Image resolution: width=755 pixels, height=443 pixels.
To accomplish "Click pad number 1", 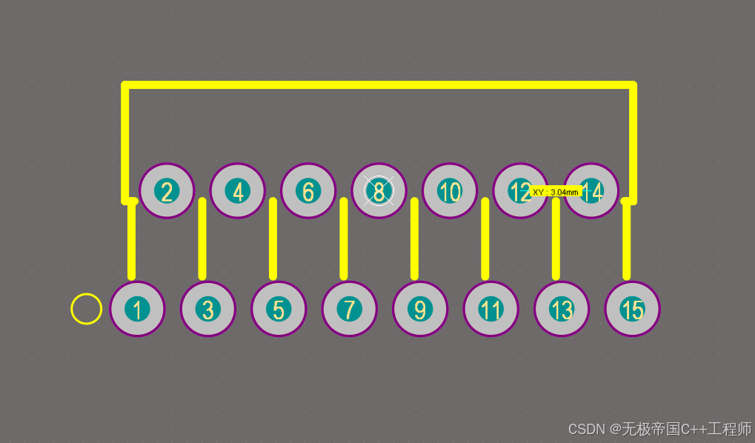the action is click(x=137, y=309).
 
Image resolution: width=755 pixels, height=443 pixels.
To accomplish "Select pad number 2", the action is click(x=167, y=191).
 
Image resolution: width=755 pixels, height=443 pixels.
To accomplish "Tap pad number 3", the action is click(x=208, y=309).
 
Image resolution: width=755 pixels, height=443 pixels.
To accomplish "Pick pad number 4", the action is click(x=238, y=191).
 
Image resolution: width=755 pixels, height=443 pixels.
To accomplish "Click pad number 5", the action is click(x=279, y=309).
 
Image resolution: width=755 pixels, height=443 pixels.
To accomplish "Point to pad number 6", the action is click(x=308, y=191).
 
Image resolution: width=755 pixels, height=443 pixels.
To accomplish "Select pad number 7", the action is click(x=349, y=309).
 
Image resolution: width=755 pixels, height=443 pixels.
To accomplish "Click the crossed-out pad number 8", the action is click(x=379, y=191).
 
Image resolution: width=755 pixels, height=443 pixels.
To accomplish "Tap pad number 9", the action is click(x=420, y=309).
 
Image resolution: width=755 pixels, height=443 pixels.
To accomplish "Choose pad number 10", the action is click(x=450, y=191).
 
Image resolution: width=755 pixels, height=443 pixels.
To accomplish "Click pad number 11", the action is click(x=490, y=309).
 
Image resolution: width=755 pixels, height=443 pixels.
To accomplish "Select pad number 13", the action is click(x=562, y=309).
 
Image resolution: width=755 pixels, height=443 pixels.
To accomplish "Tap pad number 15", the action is click(x=632, y=309).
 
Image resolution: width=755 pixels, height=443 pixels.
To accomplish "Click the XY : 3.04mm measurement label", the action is click(x=556, y=192).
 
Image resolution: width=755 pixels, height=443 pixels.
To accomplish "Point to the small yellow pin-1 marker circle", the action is click(x=86, y=309).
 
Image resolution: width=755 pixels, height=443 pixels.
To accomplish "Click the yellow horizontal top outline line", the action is click(x=378, y=85).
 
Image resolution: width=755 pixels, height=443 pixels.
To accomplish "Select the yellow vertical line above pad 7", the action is click(x=344, y=239).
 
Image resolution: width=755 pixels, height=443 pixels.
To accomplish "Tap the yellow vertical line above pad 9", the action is click(x=414, y=239).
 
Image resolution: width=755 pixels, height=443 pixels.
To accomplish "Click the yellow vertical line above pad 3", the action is click(x=202, y=239).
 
